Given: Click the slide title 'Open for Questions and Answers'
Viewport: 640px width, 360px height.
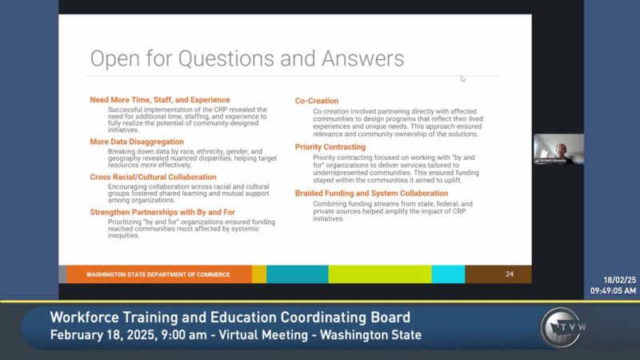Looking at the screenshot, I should click(x=246, y=60).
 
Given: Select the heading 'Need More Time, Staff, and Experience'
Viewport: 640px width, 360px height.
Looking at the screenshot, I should click(x=159, y=100).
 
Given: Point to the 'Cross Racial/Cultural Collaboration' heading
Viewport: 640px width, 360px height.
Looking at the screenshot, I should click(x=153, y=177).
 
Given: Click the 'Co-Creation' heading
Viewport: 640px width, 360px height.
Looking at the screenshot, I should click(x=316, y=101).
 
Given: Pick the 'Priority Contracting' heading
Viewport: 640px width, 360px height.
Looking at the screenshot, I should click(x=331, y=147).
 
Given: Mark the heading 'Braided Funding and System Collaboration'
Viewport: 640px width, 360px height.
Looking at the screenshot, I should click(x=371, y=194).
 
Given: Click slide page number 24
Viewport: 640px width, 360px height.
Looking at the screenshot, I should click(x=510, y=274).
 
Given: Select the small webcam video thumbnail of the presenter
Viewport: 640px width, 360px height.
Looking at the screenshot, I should click(x=558, y=149).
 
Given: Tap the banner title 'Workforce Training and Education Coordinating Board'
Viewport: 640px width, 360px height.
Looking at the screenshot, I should click(x=230, y=317).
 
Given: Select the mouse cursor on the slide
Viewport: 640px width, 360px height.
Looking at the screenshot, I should click(x=462, y=78).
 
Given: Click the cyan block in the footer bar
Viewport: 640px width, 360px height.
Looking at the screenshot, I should click(x=448, y=274).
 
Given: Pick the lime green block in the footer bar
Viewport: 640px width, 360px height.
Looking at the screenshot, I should click(x=380, y=274).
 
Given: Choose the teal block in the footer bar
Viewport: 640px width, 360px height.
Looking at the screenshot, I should click(x=297, y=274).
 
